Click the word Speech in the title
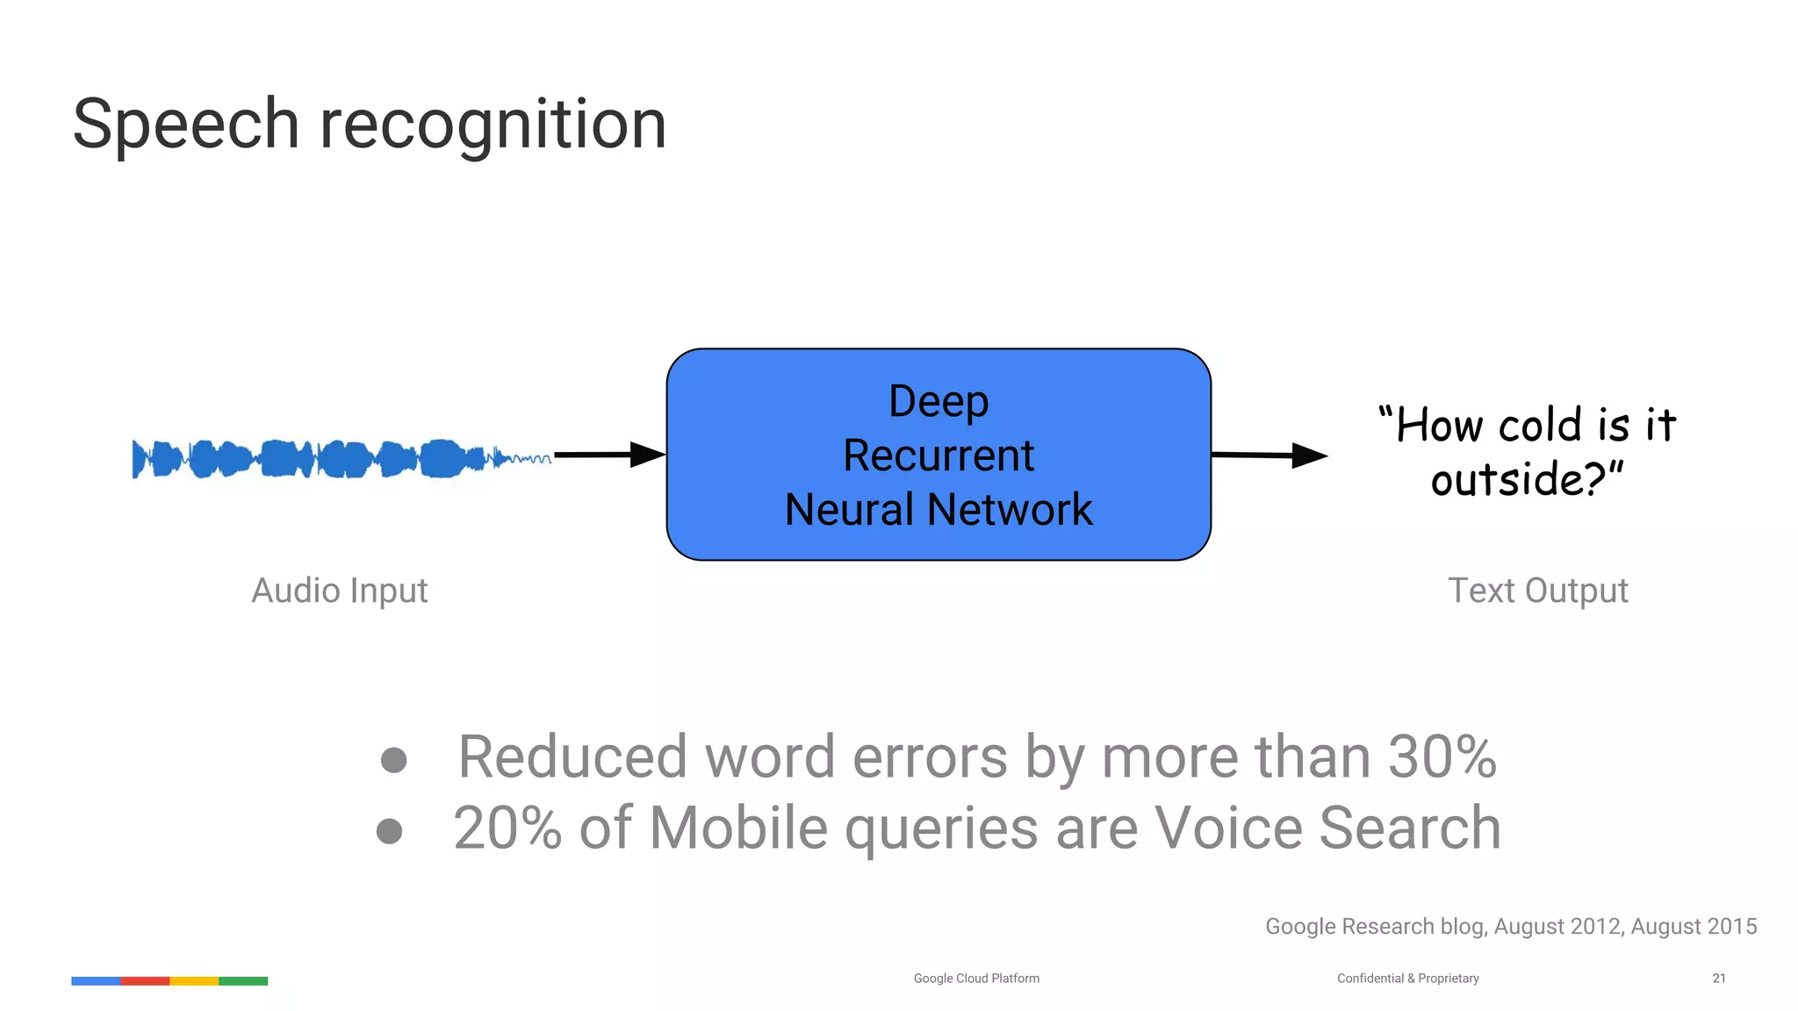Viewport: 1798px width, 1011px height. [x=186, y=125]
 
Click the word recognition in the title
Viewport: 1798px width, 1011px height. [x=493, y=125]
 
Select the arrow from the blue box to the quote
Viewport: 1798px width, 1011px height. [x=1268, y=455]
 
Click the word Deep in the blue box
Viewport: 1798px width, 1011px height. [x=939, y=401]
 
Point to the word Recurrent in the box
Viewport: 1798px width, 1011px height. [x=939, y=455]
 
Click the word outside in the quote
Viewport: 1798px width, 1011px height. [x=1506, y=480]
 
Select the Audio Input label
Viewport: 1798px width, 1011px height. [x=340, y=591]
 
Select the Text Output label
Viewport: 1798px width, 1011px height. [x=1537, y=591]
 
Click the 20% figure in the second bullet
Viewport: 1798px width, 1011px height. [x=507, y=828]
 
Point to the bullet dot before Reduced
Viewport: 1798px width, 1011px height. [x=393, y=760]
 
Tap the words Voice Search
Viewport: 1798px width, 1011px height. [x=1327, y=828]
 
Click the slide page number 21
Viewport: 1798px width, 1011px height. [x=1719, y=978]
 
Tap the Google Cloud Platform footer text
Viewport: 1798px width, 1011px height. [x=976, y=978]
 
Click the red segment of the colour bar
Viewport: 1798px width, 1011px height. [x=145, y=981]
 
